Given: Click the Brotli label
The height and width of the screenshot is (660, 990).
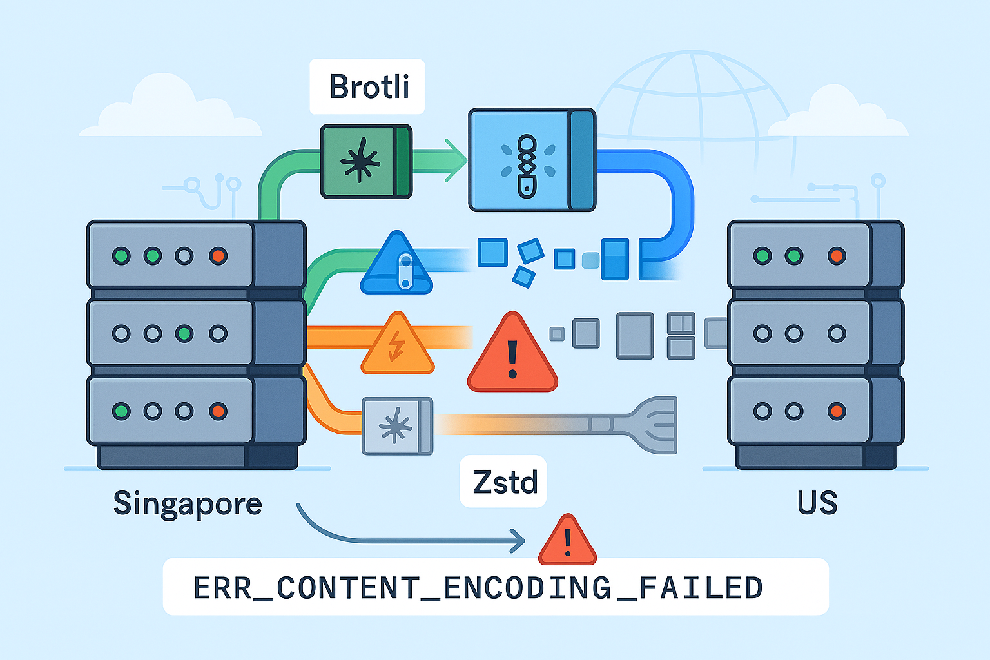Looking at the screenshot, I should [369, 87].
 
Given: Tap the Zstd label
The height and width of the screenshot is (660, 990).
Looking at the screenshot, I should [505, 482].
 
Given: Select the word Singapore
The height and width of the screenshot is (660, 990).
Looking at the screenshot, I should [188, 503].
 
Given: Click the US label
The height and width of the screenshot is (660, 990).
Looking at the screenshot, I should [817, 503].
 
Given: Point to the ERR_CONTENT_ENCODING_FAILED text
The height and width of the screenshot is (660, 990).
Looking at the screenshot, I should [478, 587].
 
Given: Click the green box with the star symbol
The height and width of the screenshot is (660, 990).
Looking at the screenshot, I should [365, 161].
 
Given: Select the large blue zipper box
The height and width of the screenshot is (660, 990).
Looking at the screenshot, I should [531, 160].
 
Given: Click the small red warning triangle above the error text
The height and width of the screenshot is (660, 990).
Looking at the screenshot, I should [567, 542].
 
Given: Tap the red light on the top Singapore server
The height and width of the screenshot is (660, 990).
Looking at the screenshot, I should [218, 256].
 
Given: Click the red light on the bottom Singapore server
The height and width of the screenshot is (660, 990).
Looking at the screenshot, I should [218, 411].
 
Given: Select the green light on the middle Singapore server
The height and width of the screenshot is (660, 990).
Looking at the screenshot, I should [184, 334].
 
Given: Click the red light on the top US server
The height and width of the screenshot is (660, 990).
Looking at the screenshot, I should [837, 256].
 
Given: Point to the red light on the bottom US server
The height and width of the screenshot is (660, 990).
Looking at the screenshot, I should [837, 411].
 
